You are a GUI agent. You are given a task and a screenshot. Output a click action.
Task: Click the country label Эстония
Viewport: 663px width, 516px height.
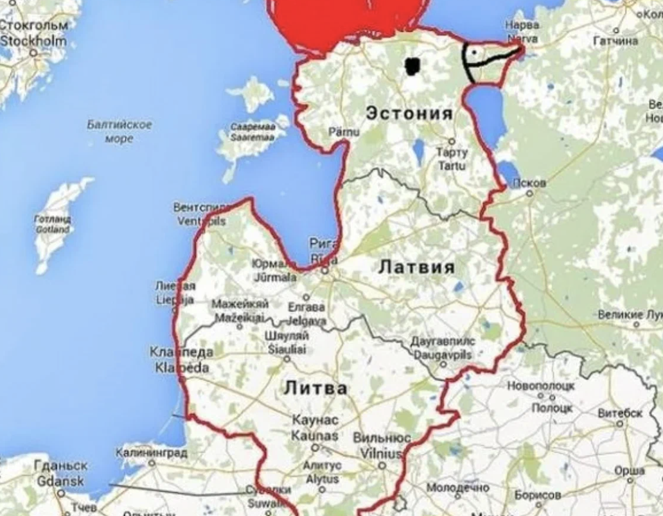409,114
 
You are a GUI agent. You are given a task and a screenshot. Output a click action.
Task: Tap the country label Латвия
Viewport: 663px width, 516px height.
416,266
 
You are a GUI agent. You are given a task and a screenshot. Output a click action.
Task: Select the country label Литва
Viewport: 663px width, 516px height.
315,388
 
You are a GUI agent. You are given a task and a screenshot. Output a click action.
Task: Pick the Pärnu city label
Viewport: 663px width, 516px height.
344,132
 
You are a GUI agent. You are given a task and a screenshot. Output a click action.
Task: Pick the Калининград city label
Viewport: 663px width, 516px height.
152,453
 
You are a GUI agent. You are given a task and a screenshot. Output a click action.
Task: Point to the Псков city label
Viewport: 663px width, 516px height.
529,183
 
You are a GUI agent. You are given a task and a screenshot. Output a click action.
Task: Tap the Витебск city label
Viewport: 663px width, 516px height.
620,413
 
